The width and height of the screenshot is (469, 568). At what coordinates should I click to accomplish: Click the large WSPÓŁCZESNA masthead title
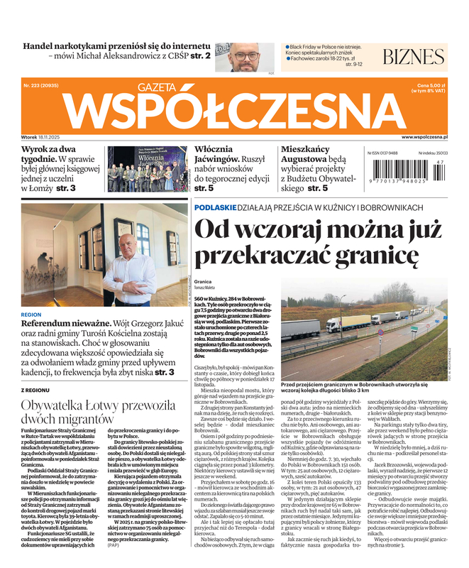(x=233, y=111)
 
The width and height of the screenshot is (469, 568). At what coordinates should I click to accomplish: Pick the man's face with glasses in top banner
(x=248, y=55)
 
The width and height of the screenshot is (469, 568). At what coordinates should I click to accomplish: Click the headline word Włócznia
(x=214, y=150)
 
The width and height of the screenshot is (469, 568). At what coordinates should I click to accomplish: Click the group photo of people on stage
(x=146, y=170)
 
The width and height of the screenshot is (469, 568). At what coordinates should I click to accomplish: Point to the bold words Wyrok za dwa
(x=48, y=150)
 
